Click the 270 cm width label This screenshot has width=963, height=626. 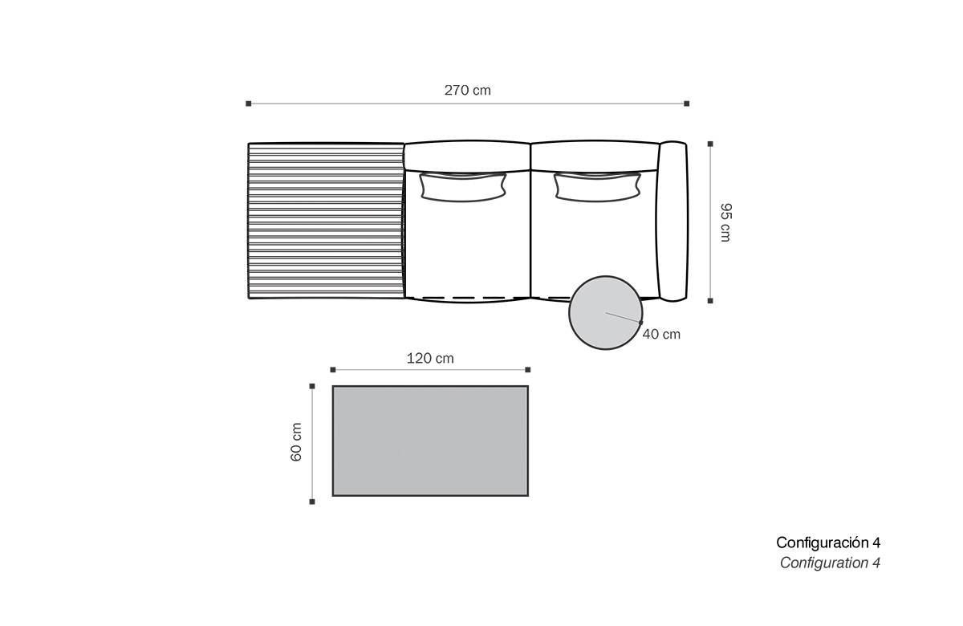[x=467, y=90]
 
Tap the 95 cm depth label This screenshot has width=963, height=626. [x=725, y=222]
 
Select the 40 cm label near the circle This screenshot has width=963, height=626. [x=661, y=334]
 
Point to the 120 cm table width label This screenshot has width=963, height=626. [x=430, y=358]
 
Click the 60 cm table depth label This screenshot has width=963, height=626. [x=296, y=442]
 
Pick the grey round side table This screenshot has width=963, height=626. [x=606, y=312]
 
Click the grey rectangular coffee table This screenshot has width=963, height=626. [x=430, y=441]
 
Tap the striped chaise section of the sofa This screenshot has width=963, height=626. [x=327, y=221]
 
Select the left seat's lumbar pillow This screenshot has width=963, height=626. [x=463, y=187]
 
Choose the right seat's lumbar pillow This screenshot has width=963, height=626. [x=597, y=187]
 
